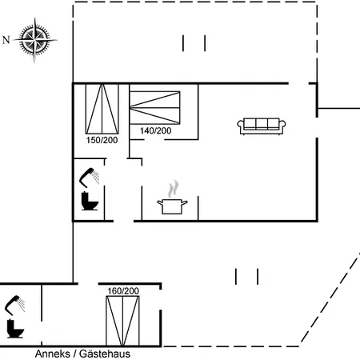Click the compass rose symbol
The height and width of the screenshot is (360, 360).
click(34, 40)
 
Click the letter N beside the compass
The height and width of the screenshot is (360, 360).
click(6, 40)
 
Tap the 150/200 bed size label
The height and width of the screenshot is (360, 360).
click(102, 140)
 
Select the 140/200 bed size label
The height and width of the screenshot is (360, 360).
click(156, 130)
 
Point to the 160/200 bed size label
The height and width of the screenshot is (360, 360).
click(123, 291)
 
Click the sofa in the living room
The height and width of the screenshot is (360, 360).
click(262, 126)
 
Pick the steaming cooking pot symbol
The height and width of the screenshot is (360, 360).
click(172, 197)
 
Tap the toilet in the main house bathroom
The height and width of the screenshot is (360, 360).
click(90, 201)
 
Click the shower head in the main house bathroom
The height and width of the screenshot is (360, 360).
click(90, 176)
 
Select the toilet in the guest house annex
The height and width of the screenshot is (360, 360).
click(15, 329)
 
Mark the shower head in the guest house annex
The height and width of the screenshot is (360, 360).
click(15, 304)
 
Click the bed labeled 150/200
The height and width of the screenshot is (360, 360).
click(102, 109)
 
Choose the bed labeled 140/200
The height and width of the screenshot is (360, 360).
click(155, 108)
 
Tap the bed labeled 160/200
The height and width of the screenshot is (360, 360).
click(122, 321)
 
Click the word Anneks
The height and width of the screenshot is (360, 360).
click(53, 354)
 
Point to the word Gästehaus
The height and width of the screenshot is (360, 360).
click(105, 354)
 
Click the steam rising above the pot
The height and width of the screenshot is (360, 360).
click(174, 189)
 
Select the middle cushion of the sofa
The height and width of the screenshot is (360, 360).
click(262, 124)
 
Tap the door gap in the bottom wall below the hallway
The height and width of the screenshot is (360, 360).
click(123, 221)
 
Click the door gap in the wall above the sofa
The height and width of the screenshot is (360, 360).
click(298, 83)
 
